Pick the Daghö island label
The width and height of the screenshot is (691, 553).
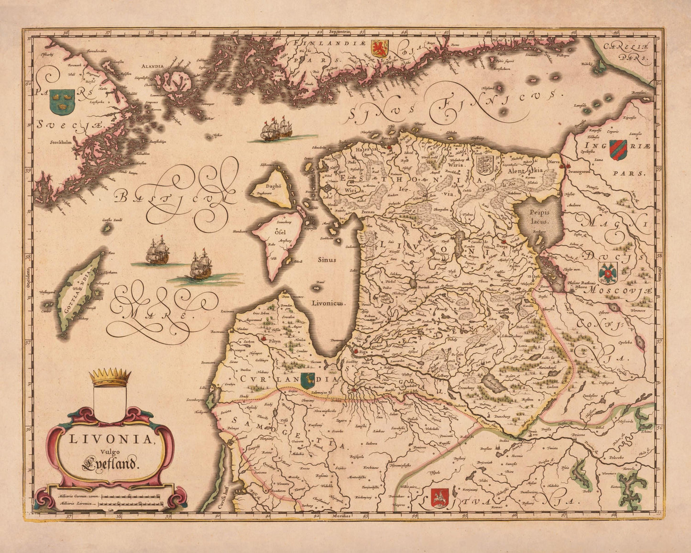[265, 187]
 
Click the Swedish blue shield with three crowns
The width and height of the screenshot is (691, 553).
[62, 101]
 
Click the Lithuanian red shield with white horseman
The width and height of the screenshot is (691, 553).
[439, 498]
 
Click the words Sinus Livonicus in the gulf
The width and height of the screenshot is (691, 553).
[326, 281]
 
